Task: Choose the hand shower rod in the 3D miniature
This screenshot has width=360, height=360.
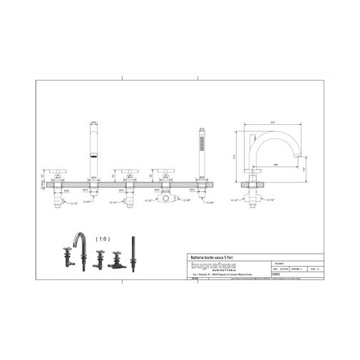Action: click(132, 250)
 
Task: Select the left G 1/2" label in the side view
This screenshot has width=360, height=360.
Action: click(236, 200)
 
